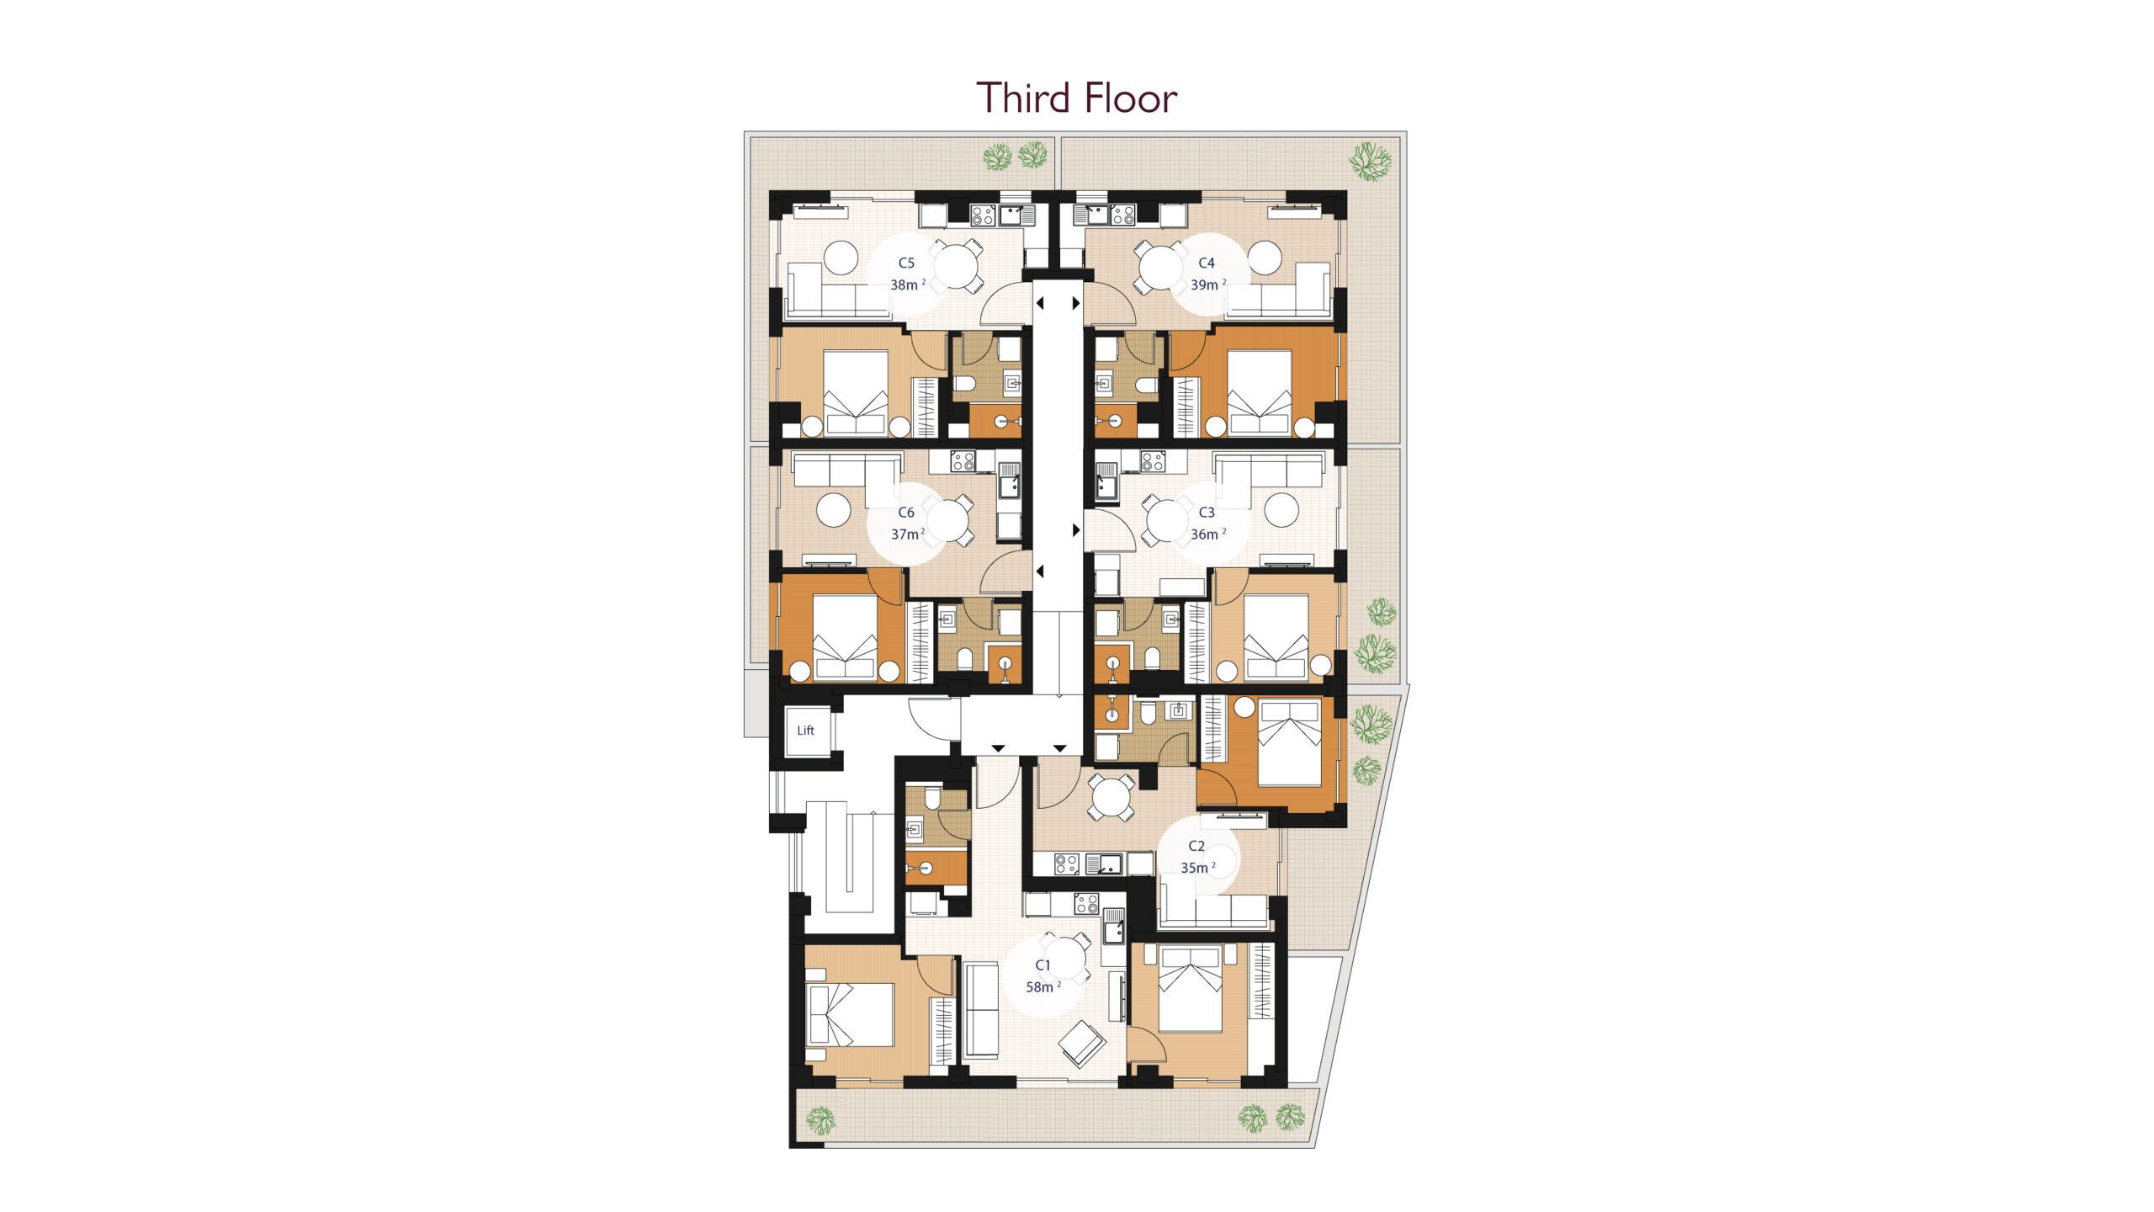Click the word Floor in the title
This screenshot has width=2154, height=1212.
pos(1130,98)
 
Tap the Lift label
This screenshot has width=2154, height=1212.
pos(805,731)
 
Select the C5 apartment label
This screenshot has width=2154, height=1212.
pos(906,263)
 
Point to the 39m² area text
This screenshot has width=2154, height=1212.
pos(1207,285)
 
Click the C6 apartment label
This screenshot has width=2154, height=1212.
pos(906,513)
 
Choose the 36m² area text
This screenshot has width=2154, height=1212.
pos(1207,534)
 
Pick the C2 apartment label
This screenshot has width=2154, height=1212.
pos(1196,846)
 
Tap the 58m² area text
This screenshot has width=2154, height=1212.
pos(1043,987)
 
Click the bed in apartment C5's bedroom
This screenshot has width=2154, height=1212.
pos(856,393)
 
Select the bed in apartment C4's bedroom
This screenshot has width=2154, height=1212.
pos(1260,393)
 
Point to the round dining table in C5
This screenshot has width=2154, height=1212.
pos(956,266)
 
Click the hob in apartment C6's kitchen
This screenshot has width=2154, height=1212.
pos(963,461)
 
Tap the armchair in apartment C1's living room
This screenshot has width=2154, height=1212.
pos(1082,1044)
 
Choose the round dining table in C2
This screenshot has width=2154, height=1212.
pos(1111,797)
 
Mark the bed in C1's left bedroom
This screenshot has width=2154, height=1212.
pos(850,1015)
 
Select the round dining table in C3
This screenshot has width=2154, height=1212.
pos(1167,521)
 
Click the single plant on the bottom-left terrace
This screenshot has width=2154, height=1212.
pos(820,1120)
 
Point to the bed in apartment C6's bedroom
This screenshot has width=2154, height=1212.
pos(845,636)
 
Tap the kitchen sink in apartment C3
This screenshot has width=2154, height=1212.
pos(1106,482)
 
